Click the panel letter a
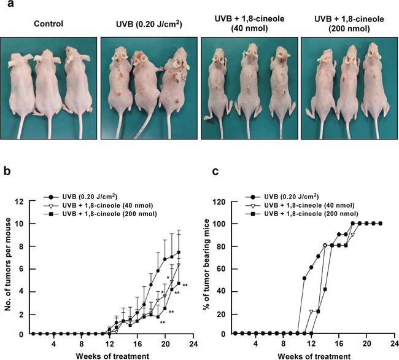(x=10, y=4)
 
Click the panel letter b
(x=7, y=171)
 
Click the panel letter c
(x=215, y=172)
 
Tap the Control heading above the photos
(x=48, y=24)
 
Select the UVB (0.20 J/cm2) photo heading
(x=149, y=24)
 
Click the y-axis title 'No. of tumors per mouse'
(x=8, y=264)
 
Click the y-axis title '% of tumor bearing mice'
(x=206, y=264)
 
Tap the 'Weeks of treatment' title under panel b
(x=112, y=356)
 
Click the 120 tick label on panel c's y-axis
(x=221, y=202)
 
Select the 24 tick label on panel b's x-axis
(x=193, y=343)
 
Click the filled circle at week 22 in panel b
(x=179, y=252)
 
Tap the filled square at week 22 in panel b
(x=179, y=283)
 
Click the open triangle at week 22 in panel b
(x=179, y=265)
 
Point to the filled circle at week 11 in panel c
(x=304, y=278)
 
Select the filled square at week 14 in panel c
(x=325, y=289)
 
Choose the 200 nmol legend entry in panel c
(x=302, y=214)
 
